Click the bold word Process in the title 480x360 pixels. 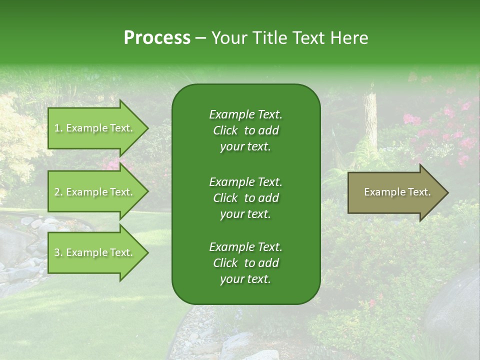click(x=157, y=37)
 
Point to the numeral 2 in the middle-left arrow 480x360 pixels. click(x=57, y=192)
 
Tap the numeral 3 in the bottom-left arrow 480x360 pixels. click(x=57, y=252)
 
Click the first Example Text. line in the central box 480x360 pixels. click(x=245, y=114)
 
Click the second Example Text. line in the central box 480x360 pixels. click(x=245, y=181)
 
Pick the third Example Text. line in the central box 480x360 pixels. click(x=245, y=247)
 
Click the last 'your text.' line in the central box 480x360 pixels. click(x=245, y=279)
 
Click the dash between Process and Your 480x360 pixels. click(x=200, y=38)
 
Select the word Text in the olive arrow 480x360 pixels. click(x=419, y=192)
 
